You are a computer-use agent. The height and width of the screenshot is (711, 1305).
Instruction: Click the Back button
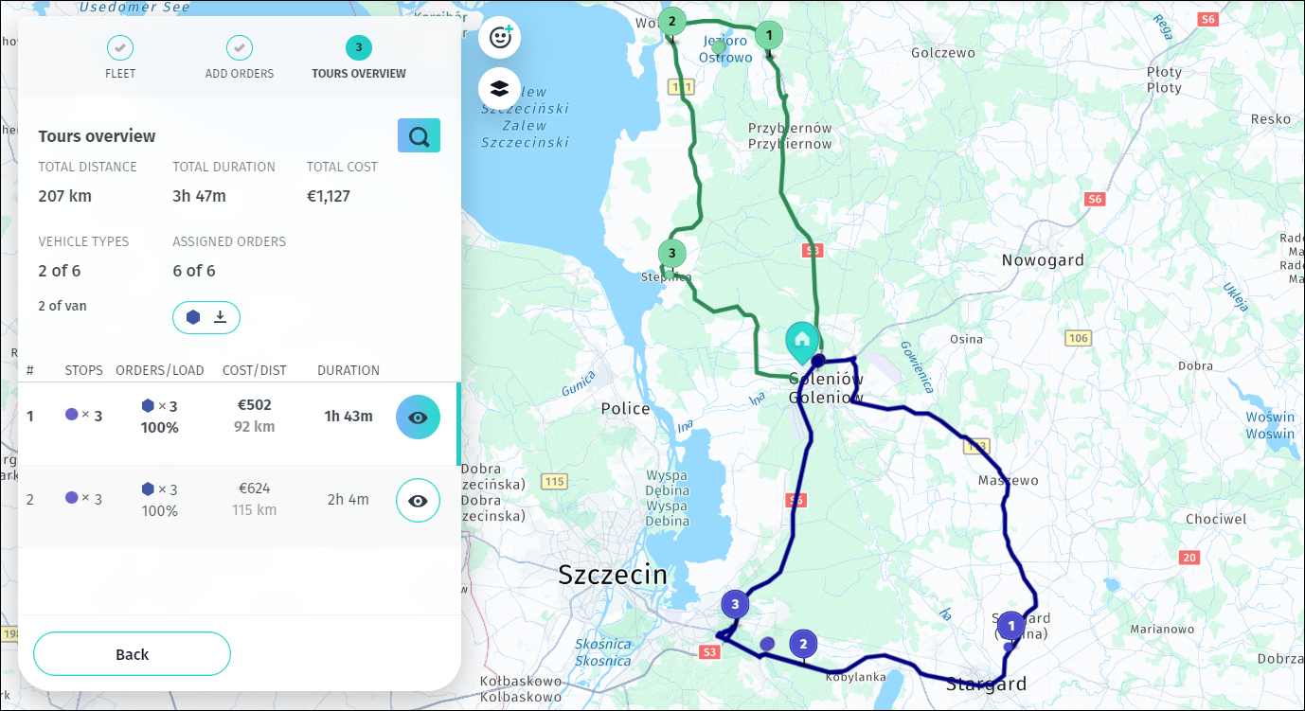(x=132, y=654)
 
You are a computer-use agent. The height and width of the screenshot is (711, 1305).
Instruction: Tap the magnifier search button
(x=419, y=136)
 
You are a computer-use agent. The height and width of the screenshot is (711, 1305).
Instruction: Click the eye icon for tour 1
(x=418, y=418)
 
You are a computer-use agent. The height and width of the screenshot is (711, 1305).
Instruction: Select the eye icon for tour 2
(x=418, y=501)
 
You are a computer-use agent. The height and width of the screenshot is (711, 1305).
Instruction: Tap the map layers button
(x=499, y=89)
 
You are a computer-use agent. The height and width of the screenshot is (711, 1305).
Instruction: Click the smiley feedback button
(x=499, y=38)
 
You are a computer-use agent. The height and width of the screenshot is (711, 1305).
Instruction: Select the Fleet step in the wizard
(x=120, y=48)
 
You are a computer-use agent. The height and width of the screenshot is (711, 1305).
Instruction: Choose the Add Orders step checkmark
(x=240, y=47)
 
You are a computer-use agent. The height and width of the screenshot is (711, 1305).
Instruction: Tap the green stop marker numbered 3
(x=671, y=254)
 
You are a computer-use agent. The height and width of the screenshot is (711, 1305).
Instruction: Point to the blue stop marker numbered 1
(x=1010, y=626)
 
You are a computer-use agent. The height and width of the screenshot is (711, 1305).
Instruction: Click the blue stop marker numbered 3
(x=735, y=604)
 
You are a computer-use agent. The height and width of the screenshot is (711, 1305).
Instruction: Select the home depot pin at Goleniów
(x=802, y=341)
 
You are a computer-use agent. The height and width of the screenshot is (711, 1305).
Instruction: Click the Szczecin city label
(x=613, y=575)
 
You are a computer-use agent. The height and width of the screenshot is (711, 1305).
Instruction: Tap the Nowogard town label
(x=1043, y=260)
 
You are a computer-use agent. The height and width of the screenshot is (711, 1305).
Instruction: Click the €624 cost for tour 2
(x=254, y=489)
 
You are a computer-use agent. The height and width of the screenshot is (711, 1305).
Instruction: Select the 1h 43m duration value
(x=349, y=417)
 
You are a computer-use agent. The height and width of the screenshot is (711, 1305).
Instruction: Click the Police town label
(x=625, y=409)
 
